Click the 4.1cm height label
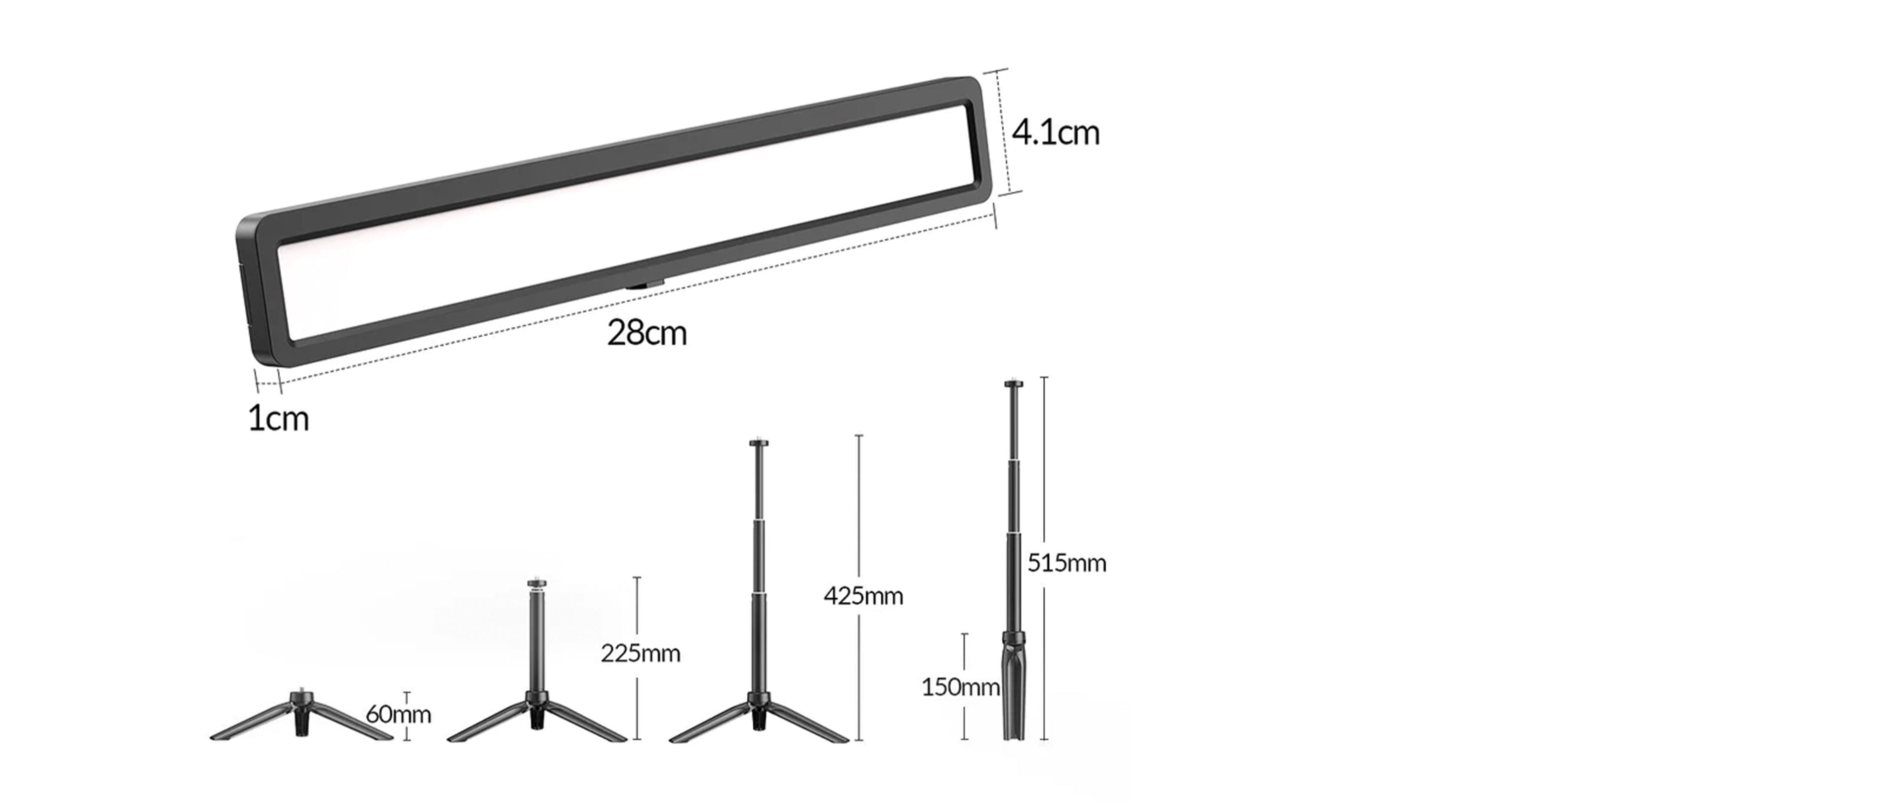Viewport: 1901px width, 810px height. pyautogui.click(x=1055, y=133)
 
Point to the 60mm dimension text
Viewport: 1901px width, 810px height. pyautogui.click(x=398, y=714)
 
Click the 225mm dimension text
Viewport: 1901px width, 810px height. pyautogui.click(x=640, y=653)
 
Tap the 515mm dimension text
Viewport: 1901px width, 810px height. pyautogui.click(x=1067, y=563)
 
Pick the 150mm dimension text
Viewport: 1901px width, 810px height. pyautogui.click(x=960, y=688)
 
